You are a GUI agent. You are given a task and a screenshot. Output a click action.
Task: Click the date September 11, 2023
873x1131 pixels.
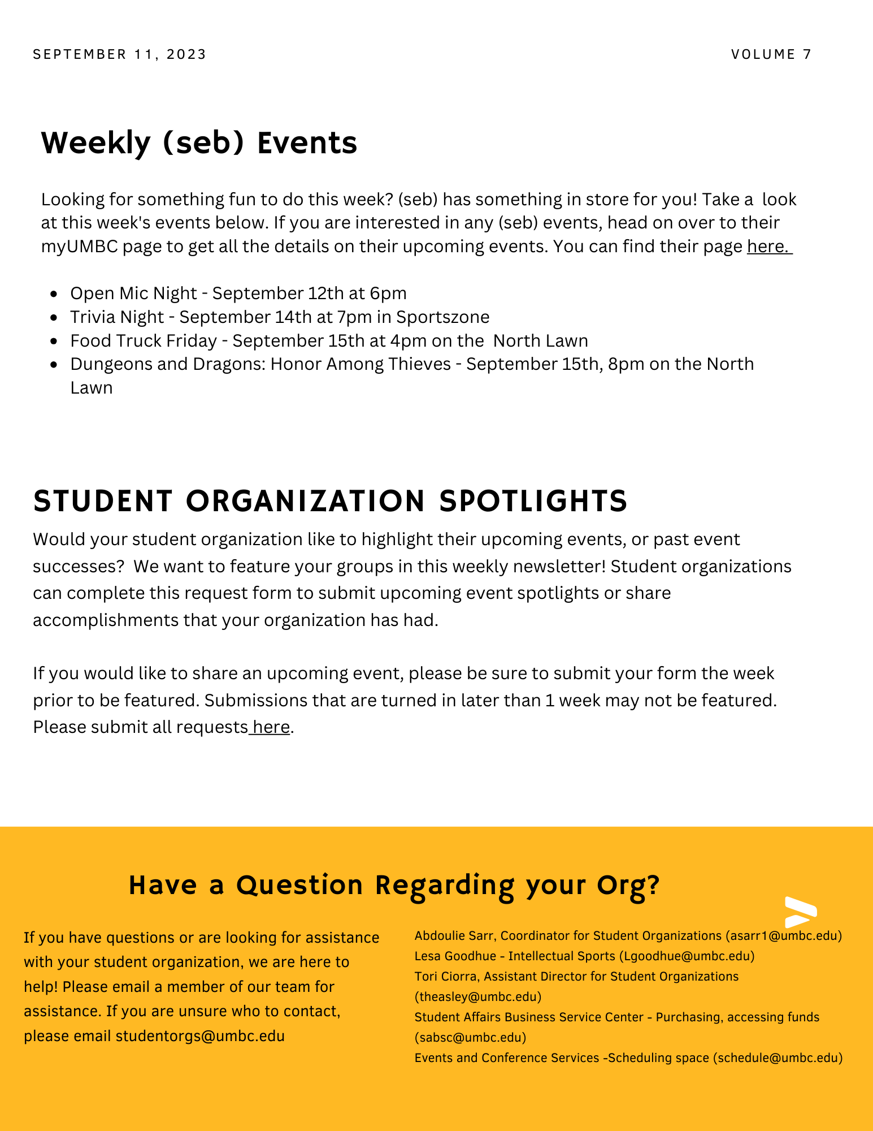click(x=120, y=54)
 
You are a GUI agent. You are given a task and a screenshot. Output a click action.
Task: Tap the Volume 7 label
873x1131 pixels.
click(x=771, y=54)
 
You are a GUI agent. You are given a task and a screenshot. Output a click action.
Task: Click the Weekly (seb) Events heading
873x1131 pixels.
click(x=199, y=143)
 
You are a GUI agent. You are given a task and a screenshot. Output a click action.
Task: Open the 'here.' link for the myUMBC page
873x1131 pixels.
click(x=768, y=247)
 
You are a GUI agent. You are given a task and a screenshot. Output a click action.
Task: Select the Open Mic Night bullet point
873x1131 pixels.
click(x=238, y=293)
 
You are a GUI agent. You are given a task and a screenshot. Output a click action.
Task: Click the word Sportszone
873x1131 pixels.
click(x=442, y=317)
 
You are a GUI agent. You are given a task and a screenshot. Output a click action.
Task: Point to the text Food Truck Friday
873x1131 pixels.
click(x=144, y=341)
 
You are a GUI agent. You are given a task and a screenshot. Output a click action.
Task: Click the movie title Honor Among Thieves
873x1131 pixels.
click(x=361, y=364)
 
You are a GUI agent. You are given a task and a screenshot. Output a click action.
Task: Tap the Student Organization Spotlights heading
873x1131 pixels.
click(x=331, y=501)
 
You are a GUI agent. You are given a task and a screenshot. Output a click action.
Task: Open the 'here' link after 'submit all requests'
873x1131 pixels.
click(x=271, y=727)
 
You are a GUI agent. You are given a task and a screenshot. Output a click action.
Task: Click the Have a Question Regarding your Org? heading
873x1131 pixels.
click(x=394, y=885)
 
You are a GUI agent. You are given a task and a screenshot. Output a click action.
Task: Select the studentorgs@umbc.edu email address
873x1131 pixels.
click(x=200, y=1036)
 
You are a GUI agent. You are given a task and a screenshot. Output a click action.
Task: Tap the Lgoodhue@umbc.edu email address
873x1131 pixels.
click(x=687, y=956)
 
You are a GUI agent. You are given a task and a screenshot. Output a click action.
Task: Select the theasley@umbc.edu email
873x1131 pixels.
click(x=478, y=996)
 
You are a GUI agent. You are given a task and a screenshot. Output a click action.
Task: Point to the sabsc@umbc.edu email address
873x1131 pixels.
click(x=470, y=1037)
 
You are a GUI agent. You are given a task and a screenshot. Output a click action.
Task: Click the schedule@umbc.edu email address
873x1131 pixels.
click(x=778, y=1057)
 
